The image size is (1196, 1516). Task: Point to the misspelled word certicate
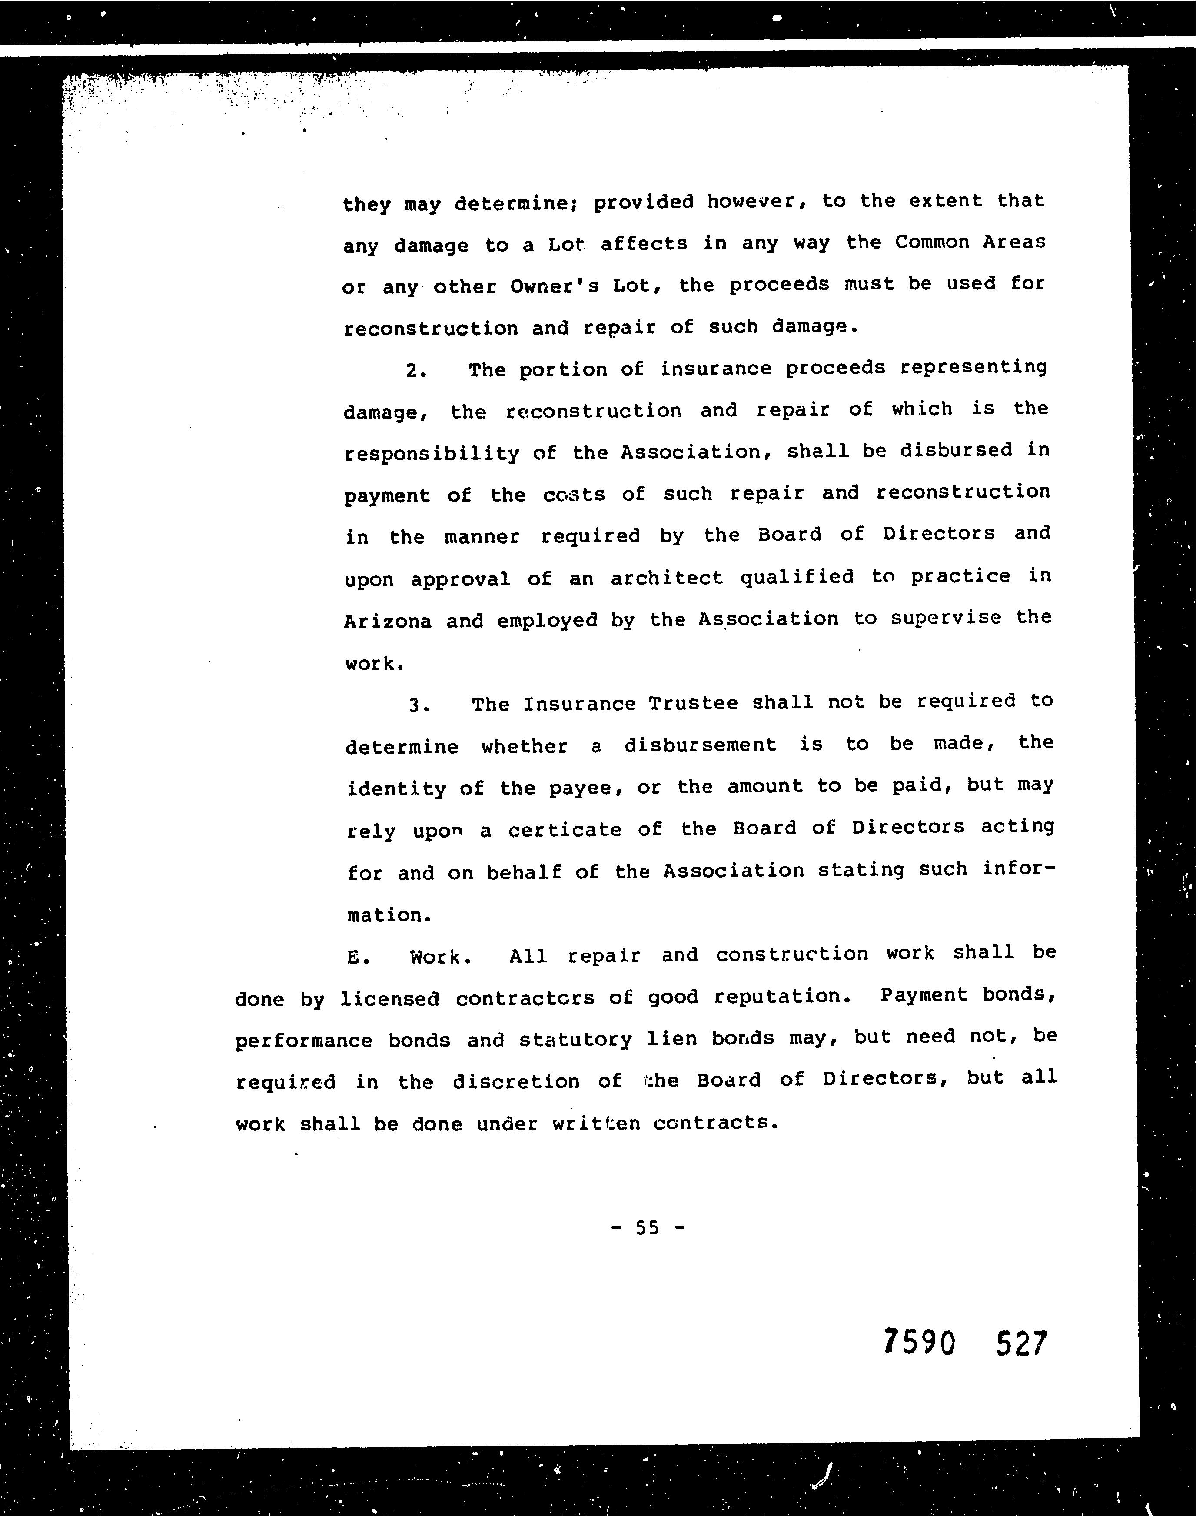click(x=565, y=831)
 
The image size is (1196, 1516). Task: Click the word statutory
click(x=575, y=1039)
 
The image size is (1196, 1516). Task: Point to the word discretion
click(x=516, y=1082)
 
